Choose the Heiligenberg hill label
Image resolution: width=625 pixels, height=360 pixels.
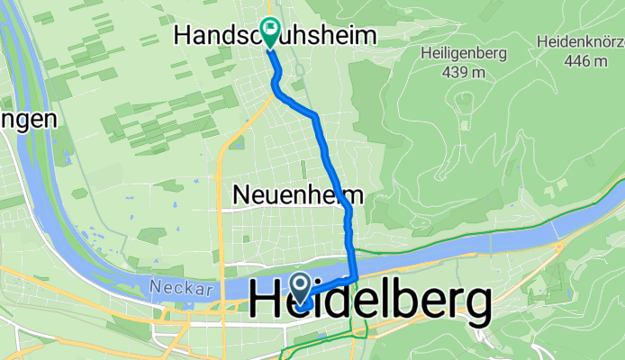[464, 53]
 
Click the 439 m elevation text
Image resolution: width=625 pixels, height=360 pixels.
[465, 72]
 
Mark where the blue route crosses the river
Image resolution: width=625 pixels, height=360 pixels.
[354, 263]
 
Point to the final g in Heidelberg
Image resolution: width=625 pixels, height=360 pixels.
[474, 306]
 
